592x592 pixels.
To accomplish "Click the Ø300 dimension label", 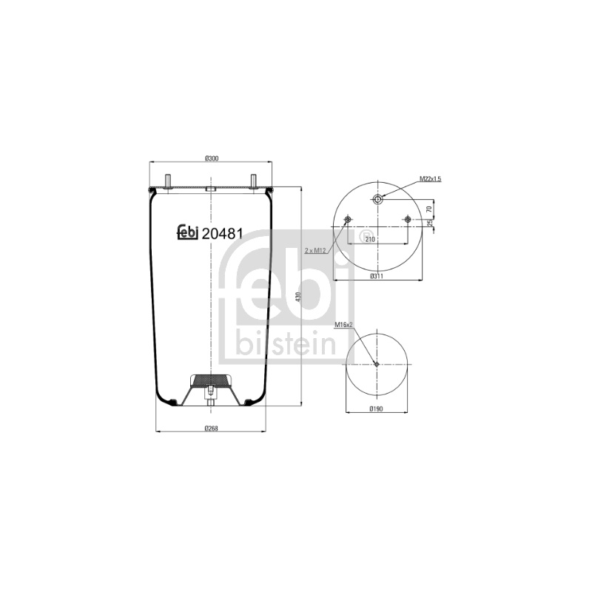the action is (212, 158).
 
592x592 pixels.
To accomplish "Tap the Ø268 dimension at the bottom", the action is (212, 428).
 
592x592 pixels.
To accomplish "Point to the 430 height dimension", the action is (297, 297).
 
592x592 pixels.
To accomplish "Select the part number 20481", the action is (222, 234).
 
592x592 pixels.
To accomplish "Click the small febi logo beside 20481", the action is (188, 232).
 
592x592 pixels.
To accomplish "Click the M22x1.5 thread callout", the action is (430, 179).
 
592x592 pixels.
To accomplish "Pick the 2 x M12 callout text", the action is (316, 250).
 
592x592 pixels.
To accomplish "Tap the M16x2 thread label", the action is (344, 324).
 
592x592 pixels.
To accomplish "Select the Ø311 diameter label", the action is (377, 276).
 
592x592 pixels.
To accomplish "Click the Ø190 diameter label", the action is (377, 408).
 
